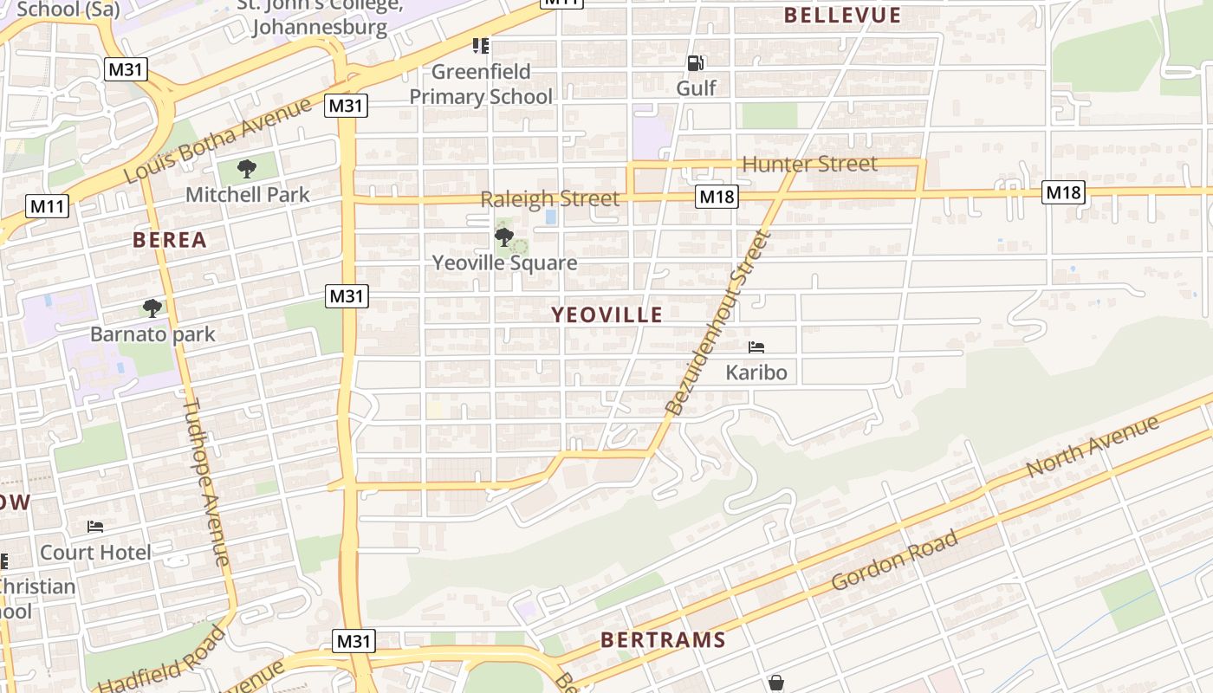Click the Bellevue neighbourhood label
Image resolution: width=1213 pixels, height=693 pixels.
pos(842,16)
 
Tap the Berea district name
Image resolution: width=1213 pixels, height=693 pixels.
pos(170,240)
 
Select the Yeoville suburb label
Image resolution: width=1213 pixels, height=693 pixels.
pos(607,314)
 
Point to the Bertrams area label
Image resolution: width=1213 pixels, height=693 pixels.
pos(663,640)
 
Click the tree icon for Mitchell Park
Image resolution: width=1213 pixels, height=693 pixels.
pos(247,168)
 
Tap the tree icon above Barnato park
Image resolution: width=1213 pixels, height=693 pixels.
pos(152,308)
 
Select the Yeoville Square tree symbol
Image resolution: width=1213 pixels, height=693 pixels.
pos(503,236)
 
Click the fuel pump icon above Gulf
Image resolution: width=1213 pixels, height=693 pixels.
pos(696,62)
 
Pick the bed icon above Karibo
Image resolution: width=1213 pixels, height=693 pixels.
pos(756,347)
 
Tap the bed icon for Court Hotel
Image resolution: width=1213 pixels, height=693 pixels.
pos(95,526)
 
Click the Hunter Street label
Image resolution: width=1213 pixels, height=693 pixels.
pos(810,164)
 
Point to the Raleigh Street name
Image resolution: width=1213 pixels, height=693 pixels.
pos(550,198)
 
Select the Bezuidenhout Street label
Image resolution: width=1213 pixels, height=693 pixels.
pos(717,322)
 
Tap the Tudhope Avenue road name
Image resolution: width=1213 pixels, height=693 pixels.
pos(206,482)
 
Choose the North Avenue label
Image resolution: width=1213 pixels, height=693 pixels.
pos(1092,446)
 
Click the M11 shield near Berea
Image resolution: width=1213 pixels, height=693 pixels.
pos(47,206)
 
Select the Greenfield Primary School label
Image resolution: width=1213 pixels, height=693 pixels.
pos(481,83)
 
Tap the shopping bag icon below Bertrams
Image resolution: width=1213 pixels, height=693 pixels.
pos(775,683)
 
